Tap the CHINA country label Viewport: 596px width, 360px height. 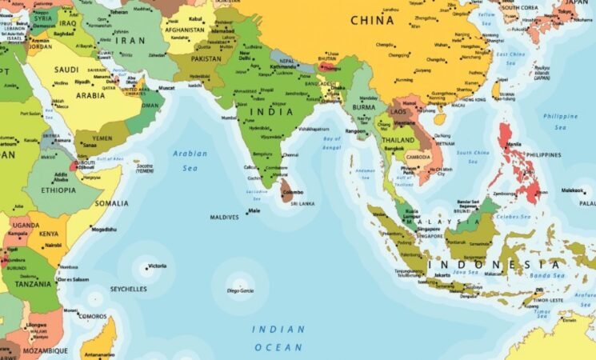tap(372, 18)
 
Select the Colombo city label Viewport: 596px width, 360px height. tap(294, 192)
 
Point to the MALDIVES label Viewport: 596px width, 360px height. tap(225, 217)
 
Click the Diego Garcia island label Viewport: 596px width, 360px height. tap(239, 290)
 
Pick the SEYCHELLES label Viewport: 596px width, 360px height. tap(129, 289)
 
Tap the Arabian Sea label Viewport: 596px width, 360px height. tap(190, 161)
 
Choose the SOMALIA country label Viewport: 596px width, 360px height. tap(111, 203)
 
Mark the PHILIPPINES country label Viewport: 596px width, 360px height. tap(545, 154)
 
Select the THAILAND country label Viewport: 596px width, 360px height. tap(398, 140)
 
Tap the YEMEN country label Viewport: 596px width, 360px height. tap(102, 137)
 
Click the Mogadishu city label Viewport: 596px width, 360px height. tap(104, 230)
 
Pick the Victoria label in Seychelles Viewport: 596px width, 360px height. tap(158, 266)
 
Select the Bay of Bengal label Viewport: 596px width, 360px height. tap(332, 142)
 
